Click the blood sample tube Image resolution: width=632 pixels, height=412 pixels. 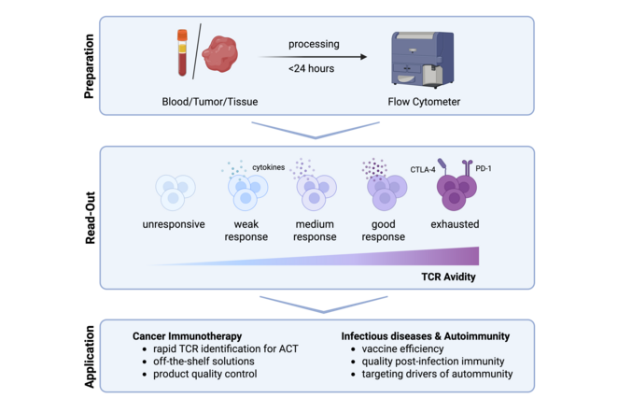[182, 52]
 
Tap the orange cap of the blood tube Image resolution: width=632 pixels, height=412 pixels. [182, 35]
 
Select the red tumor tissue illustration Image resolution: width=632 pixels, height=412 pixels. [220, 54]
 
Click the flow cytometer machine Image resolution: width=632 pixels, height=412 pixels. [422, 59]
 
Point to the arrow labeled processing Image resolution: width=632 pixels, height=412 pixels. [313, 57]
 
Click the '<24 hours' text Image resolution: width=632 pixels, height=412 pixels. [311, 68]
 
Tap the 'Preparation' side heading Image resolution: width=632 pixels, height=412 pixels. [89, 66]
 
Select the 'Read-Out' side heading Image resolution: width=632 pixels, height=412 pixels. [90, 218]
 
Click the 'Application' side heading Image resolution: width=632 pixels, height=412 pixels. [90, 357]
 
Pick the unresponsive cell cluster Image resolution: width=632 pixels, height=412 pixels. [176, 192]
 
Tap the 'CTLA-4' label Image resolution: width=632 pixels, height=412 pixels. [423, 169]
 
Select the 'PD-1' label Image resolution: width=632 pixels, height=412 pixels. [484, 168]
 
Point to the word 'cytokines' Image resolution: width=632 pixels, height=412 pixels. [269, 167]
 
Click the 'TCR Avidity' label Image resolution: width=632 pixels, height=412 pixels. [449, 277]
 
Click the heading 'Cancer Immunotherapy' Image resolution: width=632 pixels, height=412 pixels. [187, 336]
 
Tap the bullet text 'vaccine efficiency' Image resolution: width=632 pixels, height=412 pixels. [402, 348]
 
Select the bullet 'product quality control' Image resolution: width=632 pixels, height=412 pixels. [204, 374]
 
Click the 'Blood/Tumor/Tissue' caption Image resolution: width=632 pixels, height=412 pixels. [210, 102]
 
